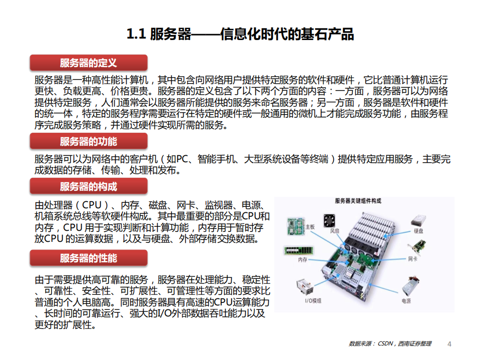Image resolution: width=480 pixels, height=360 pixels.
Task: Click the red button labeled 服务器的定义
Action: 89,63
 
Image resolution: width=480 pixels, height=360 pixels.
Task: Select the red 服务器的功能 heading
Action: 89,141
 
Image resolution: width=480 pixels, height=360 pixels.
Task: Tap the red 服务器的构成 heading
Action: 89,187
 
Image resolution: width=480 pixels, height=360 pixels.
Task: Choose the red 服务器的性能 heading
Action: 89,258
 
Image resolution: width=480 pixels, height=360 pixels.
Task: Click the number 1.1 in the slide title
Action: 136,34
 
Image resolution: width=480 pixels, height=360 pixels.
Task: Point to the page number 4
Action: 449,344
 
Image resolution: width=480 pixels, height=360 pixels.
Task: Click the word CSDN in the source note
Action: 385,344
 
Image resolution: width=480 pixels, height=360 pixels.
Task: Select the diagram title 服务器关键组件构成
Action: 358,201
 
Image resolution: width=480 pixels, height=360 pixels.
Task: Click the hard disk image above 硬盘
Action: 419,221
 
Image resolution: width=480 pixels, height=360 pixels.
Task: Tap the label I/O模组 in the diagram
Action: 313,300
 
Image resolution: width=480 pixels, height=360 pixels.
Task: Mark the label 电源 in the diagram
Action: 406,301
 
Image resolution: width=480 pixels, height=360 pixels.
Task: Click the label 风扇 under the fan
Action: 335,231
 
